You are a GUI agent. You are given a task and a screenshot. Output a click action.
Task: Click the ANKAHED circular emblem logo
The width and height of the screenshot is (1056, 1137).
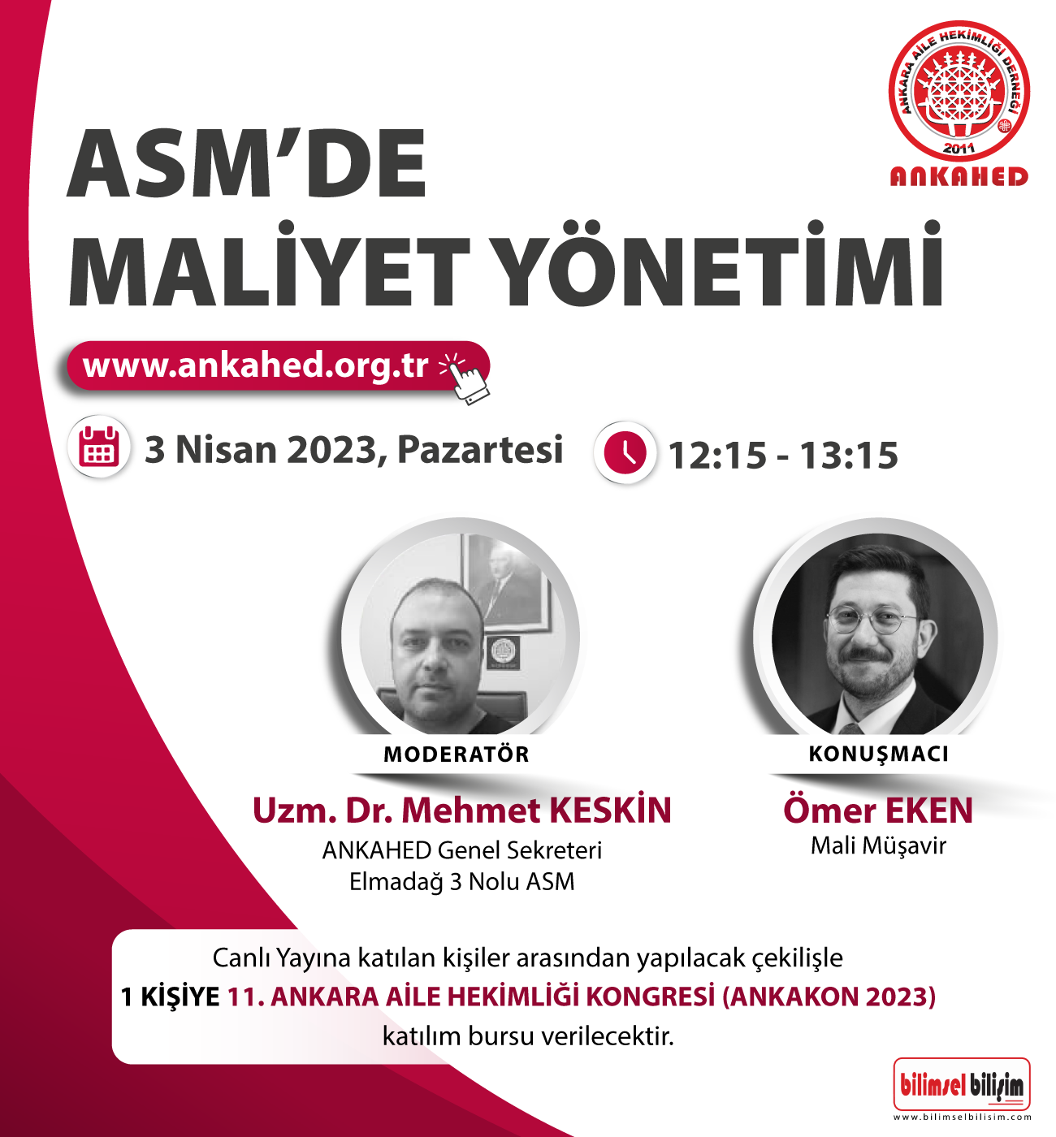[959, 90]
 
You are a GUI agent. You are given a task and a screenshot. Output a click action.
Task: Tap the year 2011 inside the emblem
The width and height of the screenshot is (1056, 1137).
[959, 149]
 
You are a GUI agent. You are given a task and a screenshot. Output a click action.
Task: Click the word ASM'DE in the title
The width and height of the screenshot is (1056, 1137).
[246, 163]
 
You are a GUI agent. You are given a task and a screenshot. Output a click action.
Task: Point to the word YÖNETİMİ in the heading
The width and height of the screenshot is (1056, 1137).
[723, 265]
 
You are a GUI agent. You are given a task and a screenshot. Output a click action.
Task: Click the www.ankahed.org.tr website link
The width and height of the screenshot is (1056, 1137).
[255, 365]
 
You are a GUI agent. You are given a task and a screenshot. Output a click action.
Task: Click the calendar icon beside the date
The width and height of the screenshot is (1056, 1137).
[101, 447]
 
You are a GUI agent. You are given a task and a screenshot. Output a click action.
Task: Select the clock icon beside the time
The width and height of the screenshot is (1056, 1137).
[624, 453]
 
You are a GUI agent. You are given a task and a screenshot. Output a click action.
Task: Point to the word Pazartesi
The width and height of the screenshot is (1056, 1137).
[480, 449]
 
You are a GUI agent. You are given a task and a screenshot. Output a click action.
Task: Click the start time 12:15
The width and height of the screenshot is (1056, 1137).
[717, 456]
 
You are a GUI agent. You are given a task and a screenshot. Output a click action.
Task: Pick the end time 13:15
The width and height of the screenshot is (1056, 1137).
[849, 456]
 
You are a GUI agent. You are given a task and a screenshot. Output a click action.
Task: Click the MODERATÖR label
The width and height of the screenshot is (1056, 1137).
[457, 754]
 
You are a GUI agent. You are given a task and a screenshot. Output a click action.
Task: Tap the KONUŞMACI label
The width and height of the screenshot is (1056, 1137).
[878, 754]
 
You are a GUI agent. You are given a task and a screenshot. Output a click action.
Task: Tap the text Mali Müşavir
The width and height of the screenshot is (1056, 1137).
[878, 846]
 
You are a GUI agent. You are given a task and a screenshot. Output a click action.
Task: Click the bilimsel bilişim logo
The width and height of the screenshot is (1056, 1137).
[962, 1085]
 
